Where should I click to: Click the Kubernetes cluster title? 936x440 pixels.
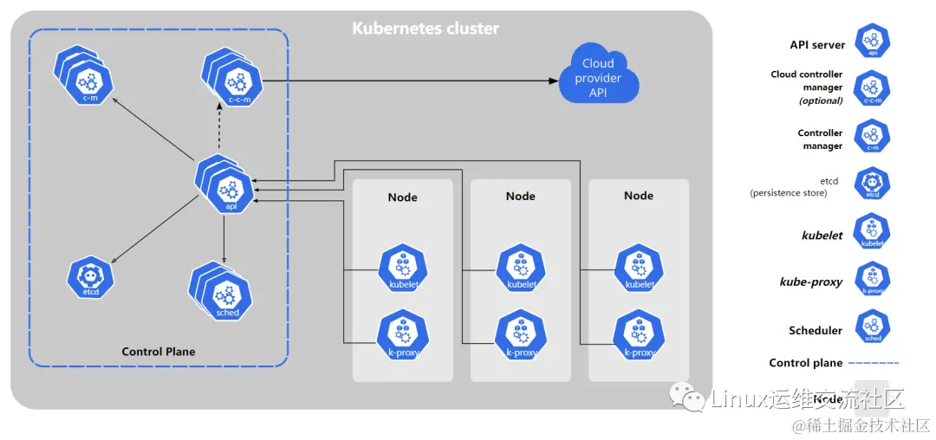(x=426, y=29)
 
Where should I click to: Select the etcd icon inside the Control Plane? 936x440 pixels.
(x=90, y=277)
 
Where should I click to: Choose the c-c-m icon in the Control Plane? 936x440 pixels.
(x=236, y=83)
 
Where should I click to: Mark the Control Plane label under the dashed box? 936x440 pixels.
(x=159, y=352)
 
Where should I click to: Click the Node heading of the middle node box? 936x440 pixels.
(x=521, y=197)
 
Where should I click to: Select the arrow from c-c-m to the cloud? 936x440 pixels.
(x=407, y=81)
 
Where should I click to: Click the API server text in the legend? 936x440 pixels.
(x=817, y=45)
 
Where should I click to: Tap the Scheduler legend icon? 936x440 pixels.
(x=872, y=327)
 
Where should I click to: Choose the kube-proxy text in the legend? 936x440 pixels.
(x=810, y=282)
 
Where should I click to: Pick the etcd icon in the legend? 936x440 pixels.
(x=872, y=184)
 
